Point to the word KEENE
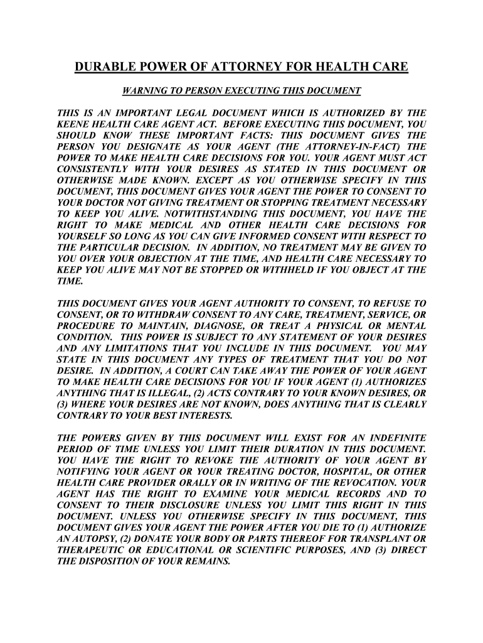point(73,124)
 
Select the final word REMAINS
point(208,561)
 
